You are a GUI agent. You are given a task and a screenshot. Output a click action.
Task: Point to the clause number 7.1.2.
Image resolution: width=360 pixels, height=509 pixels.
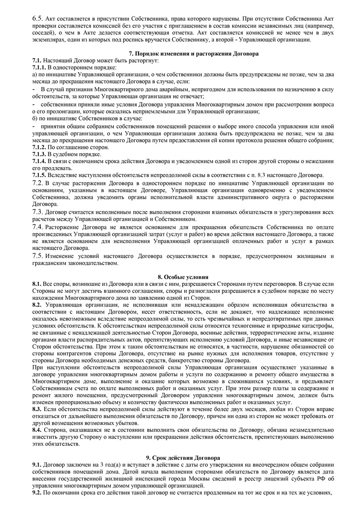[39, 147]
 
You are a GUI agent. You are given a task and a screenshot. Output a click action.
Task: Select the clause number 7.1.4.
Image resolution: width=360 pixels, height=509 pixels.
[39, 161]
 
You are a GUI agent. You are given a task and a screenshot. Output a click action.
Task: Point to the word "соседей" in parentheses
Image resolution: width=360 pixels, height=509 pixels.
[44, 33]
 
